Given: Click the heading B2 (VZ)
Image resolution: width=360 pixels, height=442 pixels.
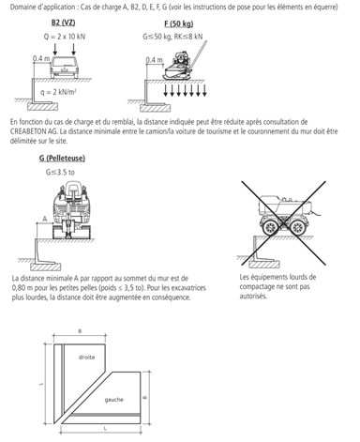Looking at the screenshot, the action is coord(64,23).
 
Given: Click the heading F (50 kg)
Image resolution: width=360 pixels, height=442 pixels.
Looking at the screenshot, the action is coord(179,23).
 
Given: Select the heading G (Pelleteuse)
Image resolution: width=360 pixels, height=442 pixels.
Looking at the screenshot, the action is coord(62,159).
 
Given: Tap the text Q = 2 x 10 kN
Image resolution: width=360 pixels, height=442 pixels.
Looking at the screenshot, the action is coord(65,37).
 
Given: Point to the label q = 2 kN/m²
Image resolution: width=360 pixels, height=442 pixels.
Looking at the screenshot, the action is coord(59,92).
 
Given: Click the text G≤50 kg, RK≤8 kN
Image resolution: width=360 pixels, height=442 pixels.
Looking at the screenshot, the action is coord(172,37).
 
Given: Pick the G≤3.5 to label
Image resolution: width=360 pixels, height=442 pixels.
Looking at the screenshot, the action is coord(60,173).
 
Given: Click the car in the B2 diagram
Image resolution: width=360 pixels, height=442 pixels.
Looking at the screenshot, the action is coord(65,67).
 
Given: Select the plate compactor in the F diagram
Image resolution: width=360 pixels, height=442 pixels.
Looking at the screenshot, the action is coord(180,67).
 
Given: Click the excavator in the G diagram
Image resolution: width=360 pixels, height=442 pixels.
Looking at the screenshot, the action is coord(72,211).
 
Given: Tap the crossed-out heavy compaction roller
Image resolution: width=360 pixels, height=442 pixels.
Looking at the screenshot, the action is coord(284,216).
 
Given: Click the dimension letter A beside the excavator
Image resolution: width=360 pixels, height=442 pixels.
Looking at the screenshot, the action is coord(45,219).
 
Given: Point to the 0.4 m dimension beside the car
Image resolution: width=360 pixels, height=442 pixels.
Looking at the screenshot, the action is coord(41,58).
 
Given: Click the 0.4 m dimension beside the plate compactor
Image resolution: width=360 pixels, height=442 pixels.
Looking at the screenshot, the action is coord(155,60).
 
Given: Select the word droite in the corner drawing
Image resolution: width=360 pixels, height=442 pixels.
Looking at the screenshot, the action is coord(86,358).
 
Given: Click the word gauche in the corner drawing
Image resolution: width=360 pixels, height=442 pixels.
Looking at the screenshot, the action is coord(114,400).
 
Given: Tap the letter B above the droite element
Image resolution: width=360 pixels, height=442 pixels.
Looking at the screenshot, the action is coord(80,331).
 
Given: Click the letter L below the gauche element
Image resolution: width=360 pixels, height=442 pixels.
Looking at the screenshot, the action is coord(105,429).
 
